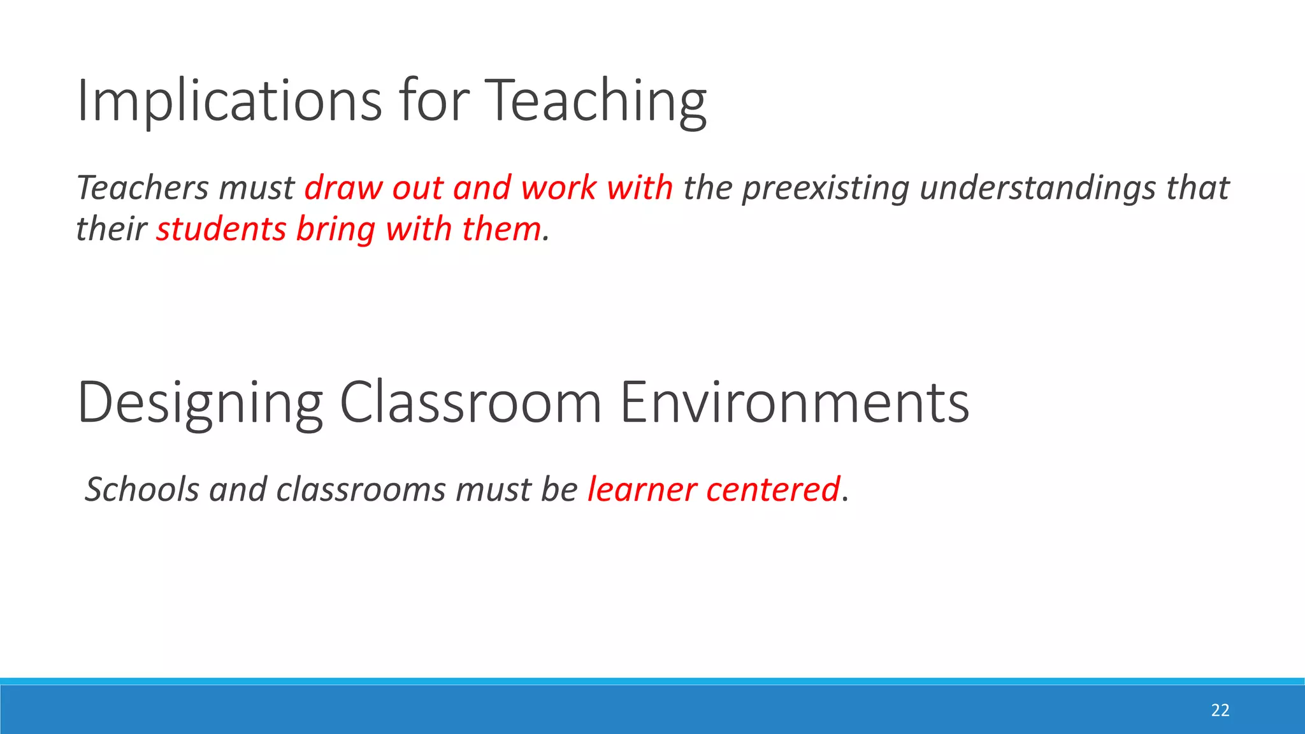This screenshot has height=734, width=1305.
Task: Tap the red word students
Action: [x=220, y=229]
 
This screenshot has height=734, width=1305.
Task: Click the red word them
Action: [x=501, y=229]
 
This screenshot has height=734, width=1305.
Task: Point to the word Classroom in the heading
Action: [x=470, y=403]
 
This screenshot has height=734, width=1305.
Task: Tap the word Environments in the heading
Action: [x=794, y=403]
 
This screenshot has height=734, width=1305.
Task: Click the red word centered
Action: [x=772, y=489]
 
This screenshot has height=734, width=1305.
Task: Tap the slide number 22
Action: [x=1220, y=710]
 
